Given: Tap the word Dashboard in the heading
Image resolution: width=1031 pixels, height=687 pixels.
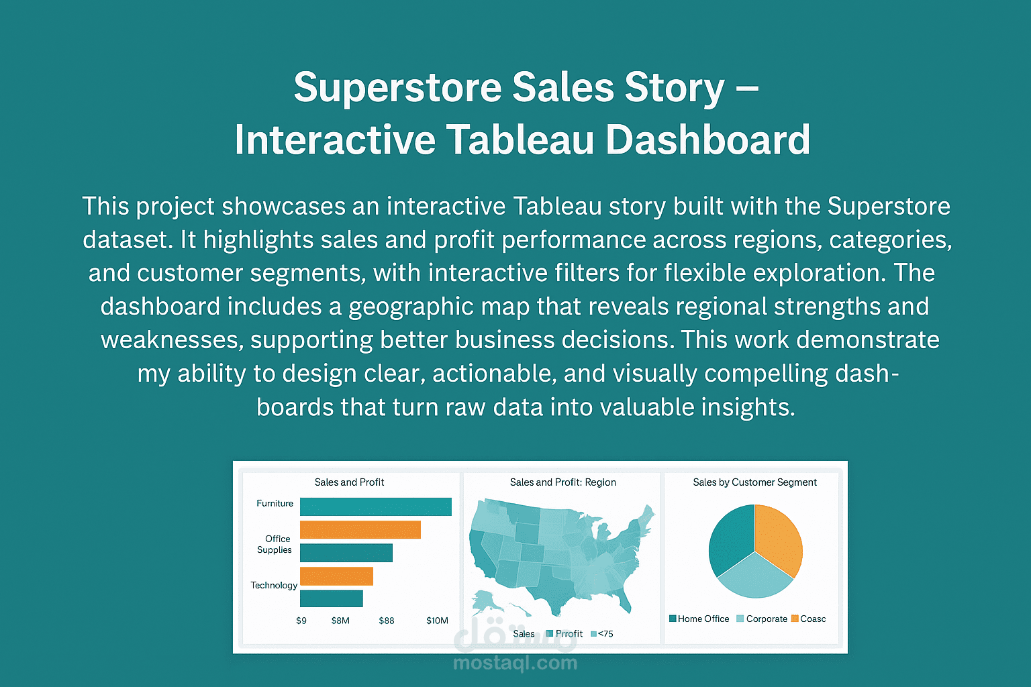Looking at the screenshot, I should [708, 140].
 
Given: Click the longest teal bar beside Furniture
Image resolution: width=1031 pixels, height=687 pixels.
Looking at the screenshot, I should [375, 507].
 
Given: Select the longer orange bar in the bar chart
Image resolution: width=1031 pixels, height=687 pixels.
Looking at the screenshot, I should [360, 530].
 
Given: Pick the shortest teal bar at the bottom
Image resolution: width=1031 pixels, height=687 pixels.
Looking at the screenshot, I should [331, 598].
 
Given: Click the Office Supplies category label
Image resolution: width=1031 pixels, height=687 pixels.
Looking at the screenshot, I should [275, 544].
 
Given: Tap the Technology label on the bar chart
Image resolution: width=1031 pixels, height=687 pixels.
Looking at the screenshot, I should [274, 585].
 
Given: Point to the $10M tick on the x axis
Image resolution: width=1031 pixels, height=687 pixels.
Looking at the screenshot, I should [437, 621].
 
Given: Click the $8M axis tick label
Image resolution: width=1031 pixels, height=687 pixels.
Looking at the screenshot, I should [340, 621].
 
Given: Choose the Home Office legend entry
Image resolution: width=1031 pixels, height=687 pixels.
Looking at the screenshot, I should [702, 619].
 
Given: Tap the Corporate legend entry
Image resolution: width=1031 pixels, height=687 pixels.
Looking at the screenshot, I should [766, 619].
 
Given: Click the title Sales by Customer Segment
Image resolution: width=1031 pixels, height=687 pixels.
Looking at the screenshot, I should [754, 482].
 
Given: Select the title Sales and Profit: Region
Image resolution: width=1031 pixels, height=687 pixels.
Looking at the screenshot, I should [562, 482].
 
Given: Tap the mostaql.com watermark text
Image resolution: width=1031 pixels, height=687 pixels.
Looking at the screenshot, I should [515, 663].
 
